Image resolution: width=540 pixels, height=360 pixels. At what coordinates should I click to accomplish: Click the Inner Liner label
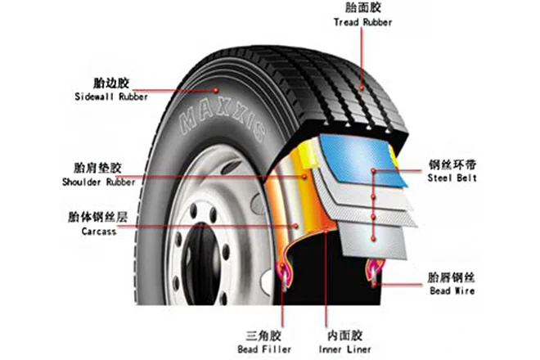(347, 350)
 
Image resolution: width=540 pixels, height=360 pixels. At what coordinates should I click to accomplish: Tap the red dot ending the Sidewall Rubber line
(215, 89)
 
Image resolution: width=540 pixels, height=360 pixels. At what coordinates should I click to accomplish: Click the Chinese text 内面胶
(347, 336)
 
